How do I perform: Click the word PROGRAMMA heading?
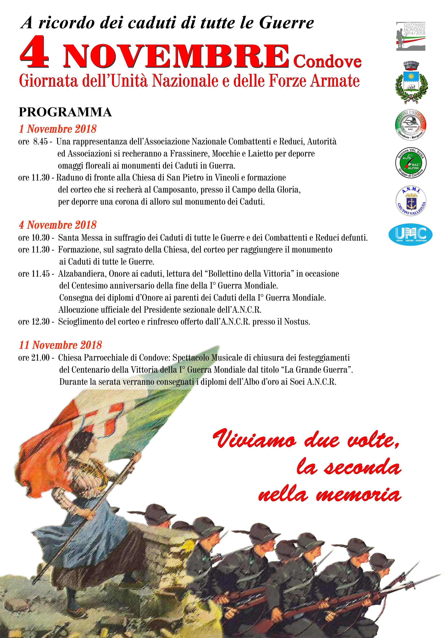coord(65,112)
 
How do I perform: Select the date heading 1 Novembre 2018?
coord(57,129)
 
